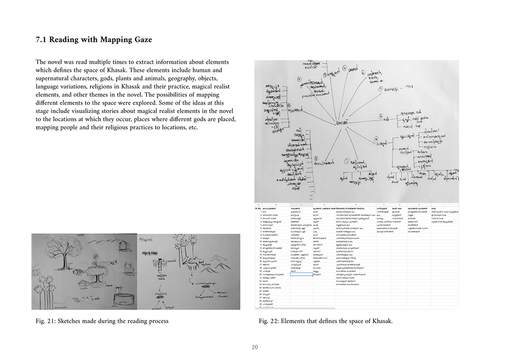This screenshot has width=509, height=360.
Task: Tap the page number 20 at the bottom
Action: click(x=254, y=347)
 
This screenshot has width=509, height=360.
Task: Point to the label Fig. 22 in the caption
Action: click(x=268, y=321)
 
